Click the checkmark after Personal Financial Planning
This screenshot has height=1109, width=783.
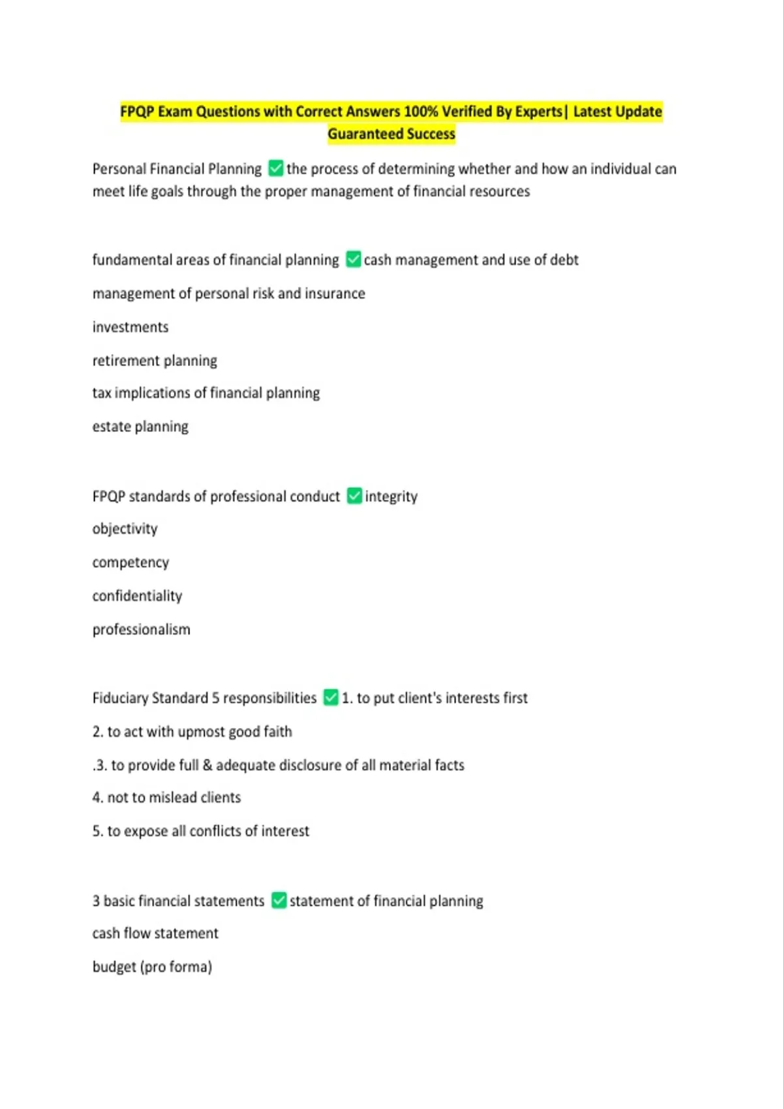[276, 168]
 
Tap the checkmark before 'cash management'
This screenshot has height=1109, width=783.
[354, 259]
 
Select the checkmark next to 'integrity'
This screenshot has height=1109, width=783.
[354, 496]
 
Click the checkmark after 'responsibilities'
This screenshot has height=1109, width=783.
[331, 697]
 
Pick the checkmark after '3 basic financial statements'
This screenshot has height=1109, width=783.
[279, 900]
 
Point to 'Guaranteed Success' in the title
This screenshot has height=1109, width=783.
[391, 134]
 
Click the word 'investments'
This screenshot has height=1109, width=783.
[130, 327]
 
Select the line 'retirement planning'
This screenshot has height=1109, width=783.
[155, 361]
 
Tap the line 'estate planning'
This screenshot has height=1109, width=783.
[140, 427]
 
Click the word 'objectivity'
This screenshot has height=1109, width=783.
[125, 528]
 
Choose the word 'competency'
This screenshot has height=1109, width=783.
[130, 562]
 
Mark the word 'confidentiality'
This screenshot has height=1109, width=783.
[137, 596]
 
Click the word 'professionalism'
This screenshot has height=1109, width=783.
[141, 630]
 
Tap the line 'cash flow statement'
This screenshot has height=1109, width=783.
[155, 934]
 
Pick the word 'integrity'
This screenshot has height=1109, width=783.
[391, 496]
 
